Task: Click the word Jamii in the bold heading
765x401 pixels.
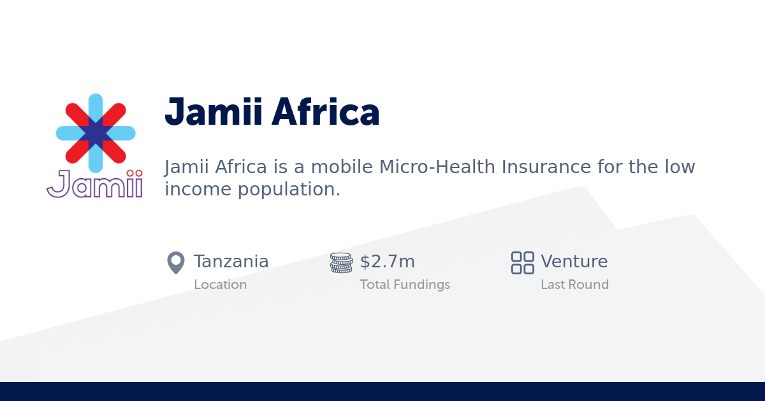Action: click(213, 113)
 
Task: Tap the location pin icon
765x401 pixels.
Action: click(176, 263)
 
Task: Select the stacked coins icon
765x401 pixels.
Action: click(341, 263)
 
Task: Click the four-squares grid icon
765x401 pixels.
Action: click(523, 263)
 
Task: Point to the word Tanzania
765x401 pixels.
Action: click(231, 262)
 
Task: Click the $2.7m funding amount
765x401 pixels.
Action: click(388, 262)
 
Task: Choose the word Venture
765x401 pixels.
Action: click(574, 262)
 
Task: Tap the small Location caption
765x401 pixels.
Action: click(221, 285)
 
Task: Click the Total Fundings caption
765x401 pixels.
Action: click(405, 285)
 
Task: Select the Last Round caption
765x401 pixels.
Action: click(574, 285)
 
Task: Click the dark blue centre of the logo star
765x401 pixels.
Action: click(96, 133)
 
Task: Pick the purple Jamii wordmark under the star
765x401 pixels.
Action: click(94, 185)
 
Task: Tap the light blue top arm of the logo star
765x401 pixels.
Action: click(96, 105)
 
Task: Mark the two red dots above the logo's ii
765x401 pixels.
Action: click(134, 173)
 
